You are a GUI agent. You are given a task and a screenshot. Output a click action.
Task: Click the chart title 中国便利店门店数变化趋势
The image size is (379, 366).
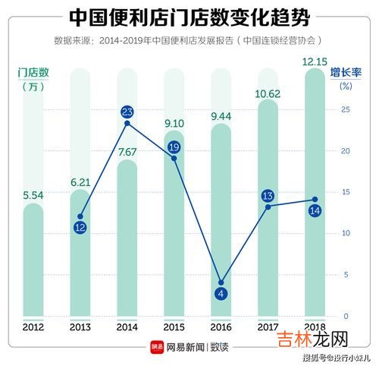coord(189,16)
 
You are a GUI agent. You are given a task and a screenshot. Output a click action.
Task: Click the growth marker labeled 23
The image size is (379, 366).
coord(127,112)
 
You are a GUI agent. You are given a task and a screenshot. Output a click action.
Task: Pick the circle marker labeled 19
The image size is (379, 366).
coord(174,147)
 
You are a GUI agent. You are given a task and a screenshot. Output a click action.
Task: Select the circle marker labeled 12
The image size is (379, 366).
coord(80,227)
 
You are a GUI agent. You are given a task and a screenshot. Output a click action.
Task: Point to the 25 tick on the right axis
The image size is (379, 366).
coord(345,110)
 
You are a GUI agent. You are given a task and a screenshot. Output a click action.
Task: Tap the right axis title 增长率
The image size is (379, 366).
coord(346,73)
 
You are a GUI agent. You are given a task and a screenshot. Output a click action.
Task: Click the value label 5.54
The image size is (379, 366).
coord(33,195)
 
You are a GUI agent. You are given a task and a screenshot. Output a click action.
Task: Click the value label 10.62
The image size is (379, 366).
coord(269,92)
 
